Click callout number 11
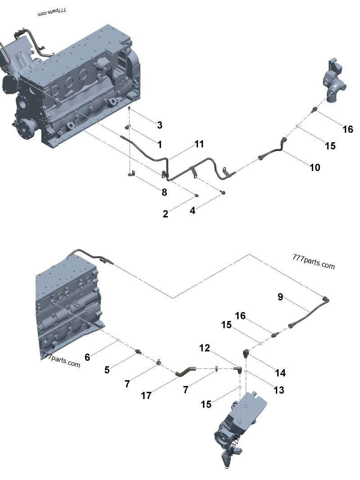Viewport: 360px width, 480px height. [x=199, y=144]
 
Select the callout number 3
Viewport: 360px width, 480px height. [x=159, y=125]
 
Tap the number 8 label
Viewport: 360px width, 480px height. [x=164, y=192]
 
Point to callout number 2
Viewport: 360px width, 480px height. [x=166, y=214]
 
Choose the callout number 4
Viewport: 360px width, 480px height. [x=192, y=210]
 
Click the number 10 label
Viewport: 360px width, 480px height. [x=315, y=167]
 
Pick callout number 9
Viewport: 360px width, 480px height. [x=280, y=296]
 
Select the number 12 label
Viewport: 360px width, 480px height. [x=205, y=348]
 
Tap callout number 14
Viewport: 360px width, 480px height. [x=280, y=372]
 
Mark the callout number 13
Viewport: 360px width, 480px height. [x=279, y=390]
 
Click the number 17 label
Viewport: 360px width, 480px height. [x=146, y=395]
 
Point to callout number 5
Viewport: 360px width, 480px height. [x=107, y=370]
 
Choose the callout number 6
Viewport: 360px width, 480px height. [x=87, y=357]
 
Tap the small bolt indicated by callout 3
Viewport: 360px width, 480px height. [x=129, y=109]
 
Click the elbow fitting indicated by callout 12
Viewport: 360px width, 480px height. [x=238, y=369]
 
